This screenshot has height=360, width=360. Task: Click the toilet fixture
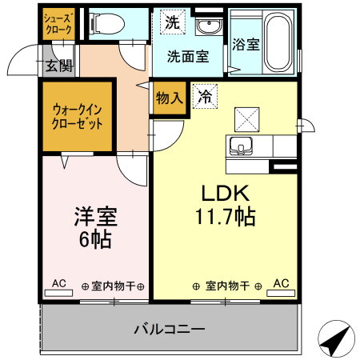106,24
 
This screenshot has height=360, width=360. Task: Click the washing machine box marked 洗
173,22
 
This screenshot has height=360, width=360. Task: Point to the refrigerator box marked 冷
205,96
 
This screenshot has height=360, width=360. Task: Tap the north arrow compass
337,338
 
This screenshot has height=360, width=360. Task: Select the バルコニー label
170,329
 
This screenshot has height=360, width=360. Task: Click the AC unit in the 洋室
58,293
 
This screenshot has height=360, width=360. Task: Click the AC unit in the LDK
281,293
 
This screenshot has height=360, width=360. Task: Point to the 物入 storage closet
170,98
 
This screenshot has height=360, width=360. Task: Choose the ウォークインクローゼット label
78,117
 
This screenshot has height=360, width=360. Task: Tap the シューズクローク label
58,24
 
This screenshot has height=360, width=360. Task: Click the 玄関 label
59,66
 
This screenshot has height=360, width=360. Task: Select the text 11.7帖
226,216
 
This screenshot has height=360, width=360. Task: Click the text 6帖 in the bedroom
95,239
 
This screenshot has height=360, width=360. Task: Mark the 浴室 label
246,45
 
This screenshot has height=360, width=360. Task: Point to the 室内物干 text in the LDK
227,286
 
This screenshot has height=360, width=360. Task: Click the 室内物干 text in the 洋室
113,286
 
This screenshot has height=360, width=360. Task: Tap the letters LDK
226,193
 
